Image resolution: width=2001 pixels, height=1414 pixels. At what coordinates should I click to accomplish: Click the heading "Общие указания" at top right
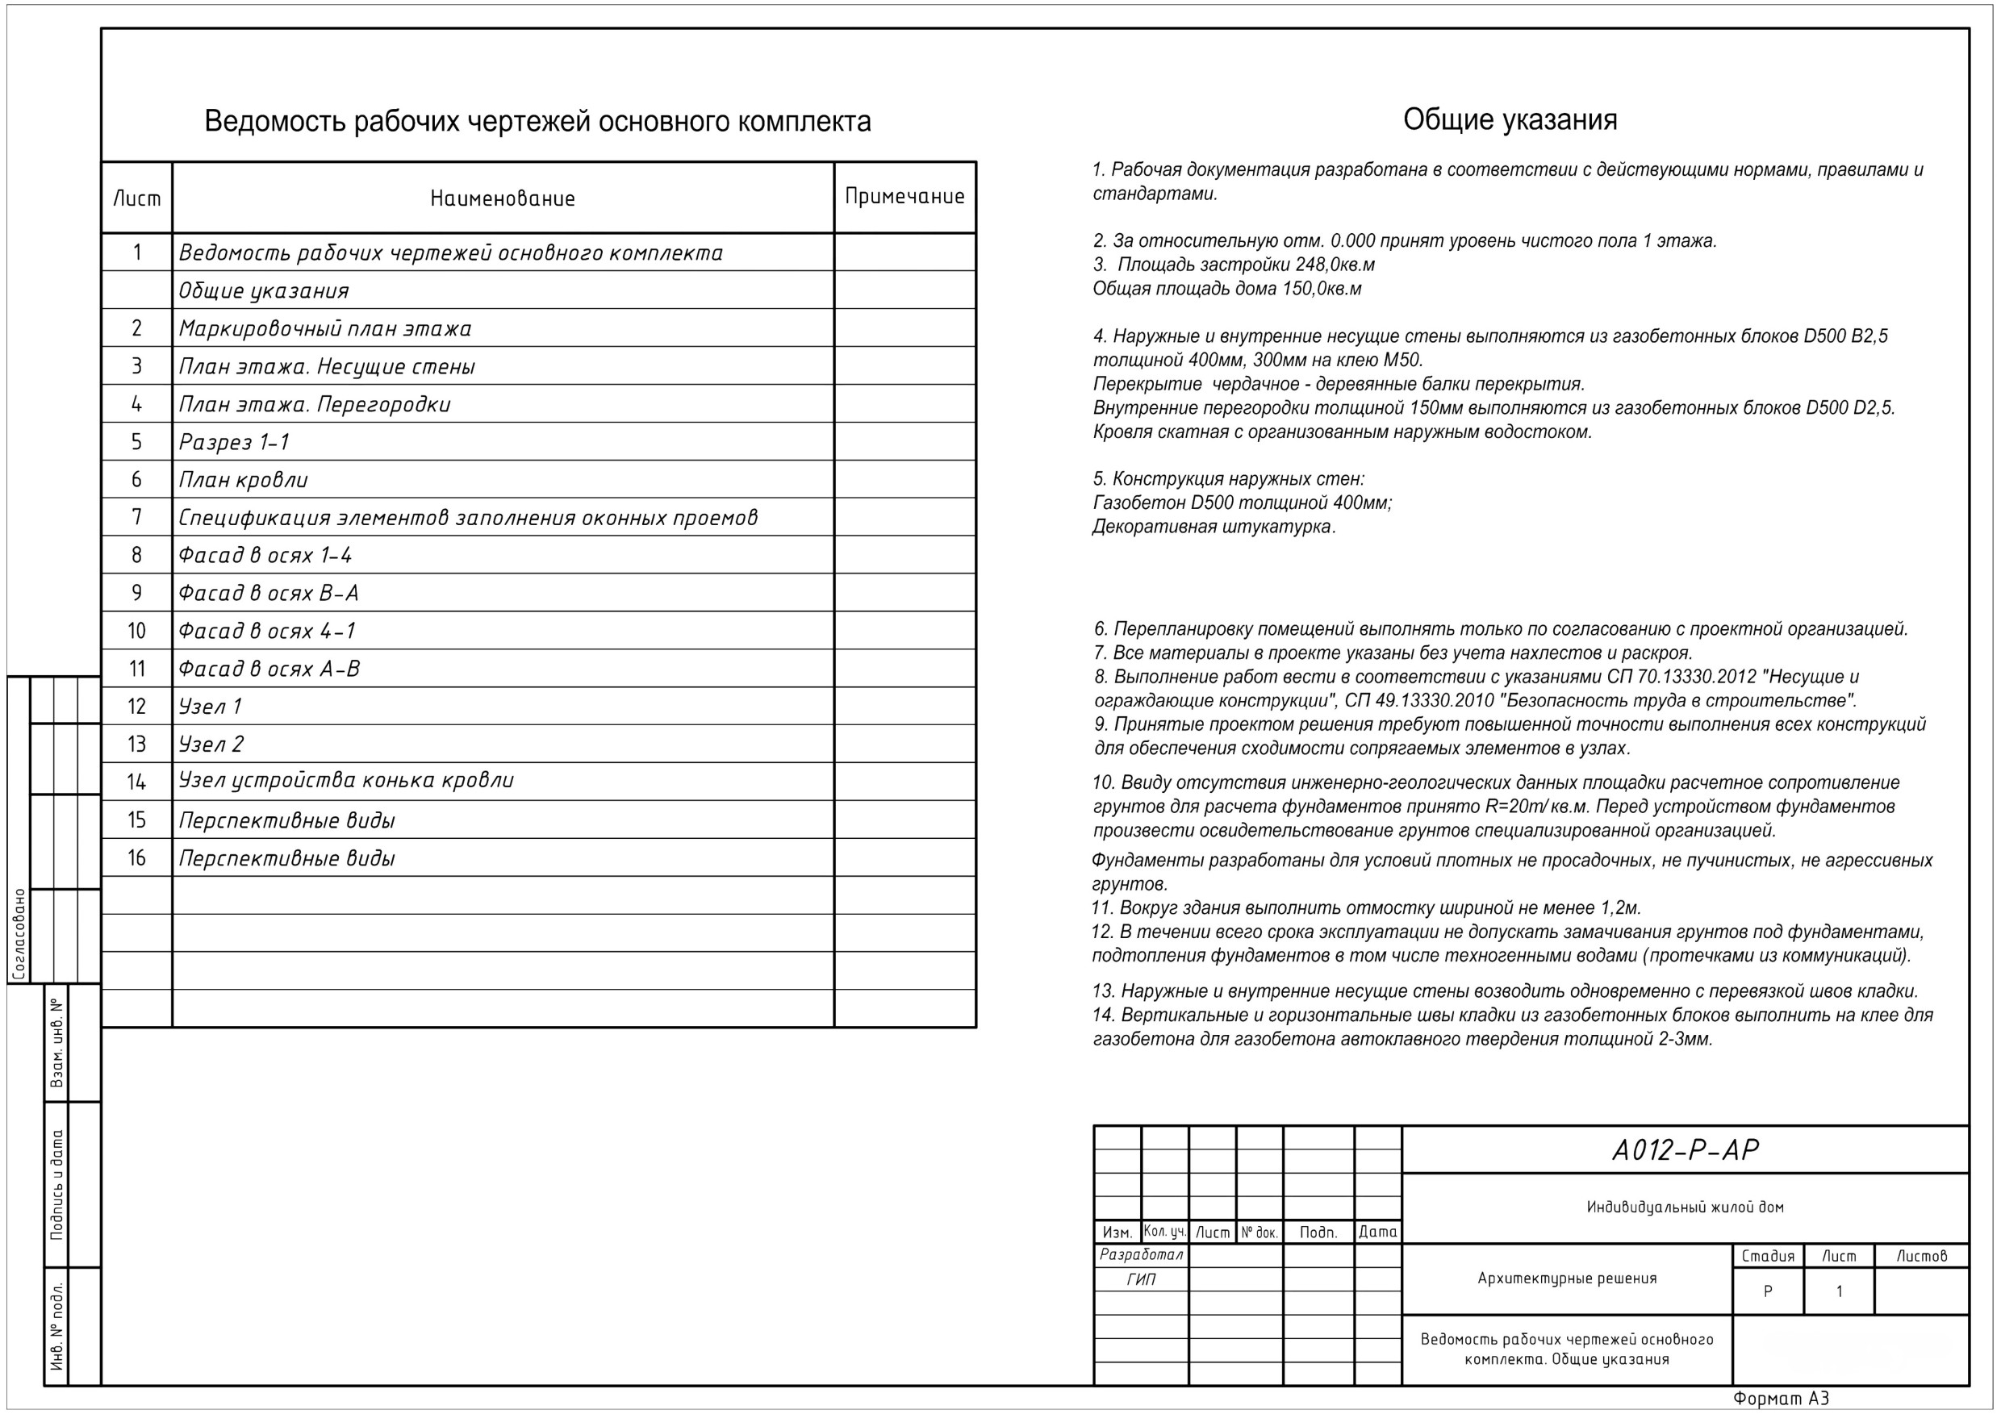[x=1510, y=120]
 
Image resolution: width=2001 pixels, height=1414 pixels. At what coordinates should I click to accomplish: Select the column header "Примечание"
[x=904, y=197]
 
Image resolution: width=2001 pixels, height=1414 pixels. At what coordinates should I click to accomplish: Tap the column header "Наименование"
[x=503, y=198]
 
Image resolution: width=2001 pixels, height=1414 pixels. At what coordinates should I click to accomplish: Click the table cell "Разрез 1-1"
[x=233, y=443]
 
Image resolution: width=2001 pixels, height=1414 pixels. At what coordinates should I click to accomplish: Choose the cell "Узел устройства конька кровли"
[x=346, y=781]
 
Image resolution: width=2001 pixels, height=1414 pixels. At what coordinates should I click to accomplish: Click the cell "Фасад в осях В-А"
[x=269, y=594]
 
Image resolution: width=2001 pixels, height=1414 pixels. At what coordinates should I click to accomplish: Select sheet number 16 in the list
[x=137, y=858]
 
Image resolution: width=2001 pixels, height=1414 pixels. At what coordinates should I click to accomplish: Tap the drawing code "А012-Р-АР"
[x=1685, y=1151]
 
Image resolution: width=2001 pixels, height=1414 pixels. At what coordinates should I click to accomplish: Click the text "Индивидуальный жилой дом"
[x=1685, y=1208]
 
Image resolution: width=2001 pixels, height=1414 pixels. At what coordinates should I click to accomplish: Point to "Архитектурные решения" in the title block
[x=1567, y=1279]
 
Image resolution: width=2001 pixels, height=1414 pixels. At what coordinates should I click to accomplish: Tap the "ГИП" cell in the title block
[x=1141, y=1280]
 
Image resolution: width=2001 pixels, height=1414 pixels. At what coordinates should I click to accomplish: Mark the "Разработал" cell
[x=1141, y=1255]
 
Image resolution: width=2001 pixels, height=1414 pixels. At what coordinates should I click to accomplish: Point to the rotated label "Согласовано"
[x=19, y=935]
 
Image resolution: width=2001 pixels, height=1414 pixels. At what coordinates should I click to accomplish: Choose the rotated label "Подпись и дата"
[x=57, y=1185]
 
